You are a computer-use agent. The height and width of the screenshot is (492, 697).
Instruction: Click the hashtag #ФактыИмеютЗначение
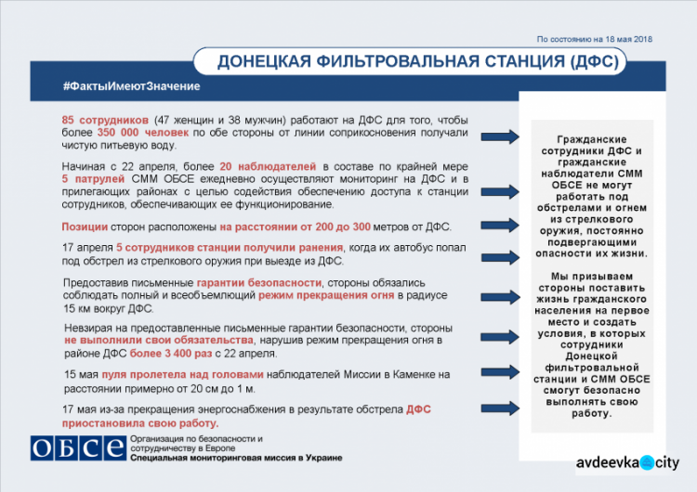131,86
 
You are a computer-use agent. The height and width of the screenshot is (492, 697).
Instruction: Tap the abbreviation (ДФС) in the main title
589,62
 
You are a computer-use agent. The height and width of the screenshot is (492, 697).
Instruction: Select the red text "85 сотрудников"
105,122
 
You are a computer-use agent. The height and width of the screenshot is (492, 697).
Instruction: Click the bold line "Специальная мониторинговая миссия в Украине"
236,458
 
